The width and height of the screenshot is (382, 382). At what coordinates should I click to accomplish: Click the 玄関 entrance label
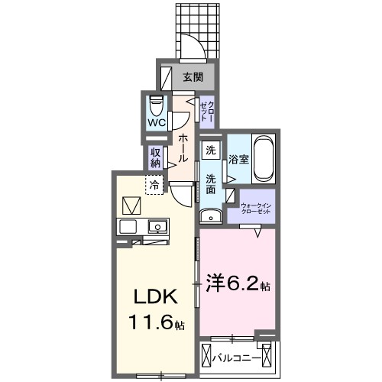click(193, 77)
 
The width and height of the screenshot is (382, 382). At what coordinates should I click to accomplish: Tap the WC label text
click(157, 122)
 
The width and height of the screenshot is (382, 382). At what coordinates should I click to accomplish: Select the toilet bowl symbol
click(157, 104)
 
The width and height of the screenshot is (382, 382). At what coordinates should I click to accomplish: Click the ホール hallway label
click(183, 144)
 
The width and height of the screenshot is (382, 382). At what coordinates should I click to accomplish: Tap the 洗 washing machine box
click(211, 151)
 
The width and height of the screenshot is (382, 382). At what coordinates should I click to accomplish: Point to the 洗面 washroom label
click(211, 183)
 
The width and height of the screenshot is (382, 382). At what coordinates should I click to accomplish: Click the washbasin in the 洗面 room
click(213, 216)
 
